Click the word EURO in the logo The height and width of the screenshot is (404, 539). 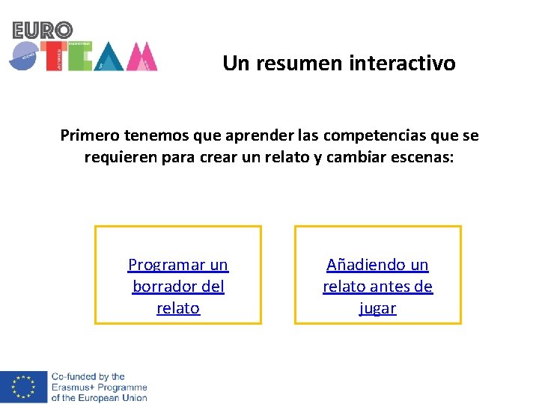tap(43, 30)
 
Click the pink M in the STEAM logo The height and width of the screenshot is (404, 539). tap(141, 58)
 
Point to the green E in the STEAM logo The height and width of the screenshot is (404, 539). tap(79, 57)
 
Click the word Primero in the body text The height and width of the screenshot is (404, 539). tap(88, 135)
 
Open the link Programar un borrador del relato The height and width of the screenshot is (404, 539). tap(178, 286)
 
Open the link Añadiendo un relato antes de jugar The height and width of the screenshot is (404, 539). tap(377, 286)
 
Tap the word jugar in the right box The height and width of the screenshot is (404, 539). tap(377, 307)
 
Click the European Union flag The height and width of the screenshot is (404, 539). tap(23, 386)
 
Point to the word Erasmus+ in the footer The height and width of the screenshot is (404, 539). tap(71, 388)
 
